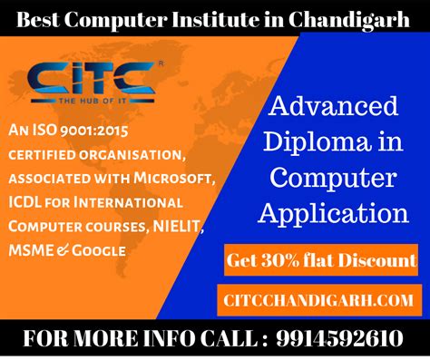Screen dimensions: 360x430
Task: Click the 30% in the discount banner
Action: [x=290, y=261]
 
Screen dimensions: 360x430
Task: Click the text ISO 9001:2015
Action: [x=83, y=131]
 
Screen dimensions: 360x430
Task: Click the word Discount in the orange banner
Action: [x=376, y=261]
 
